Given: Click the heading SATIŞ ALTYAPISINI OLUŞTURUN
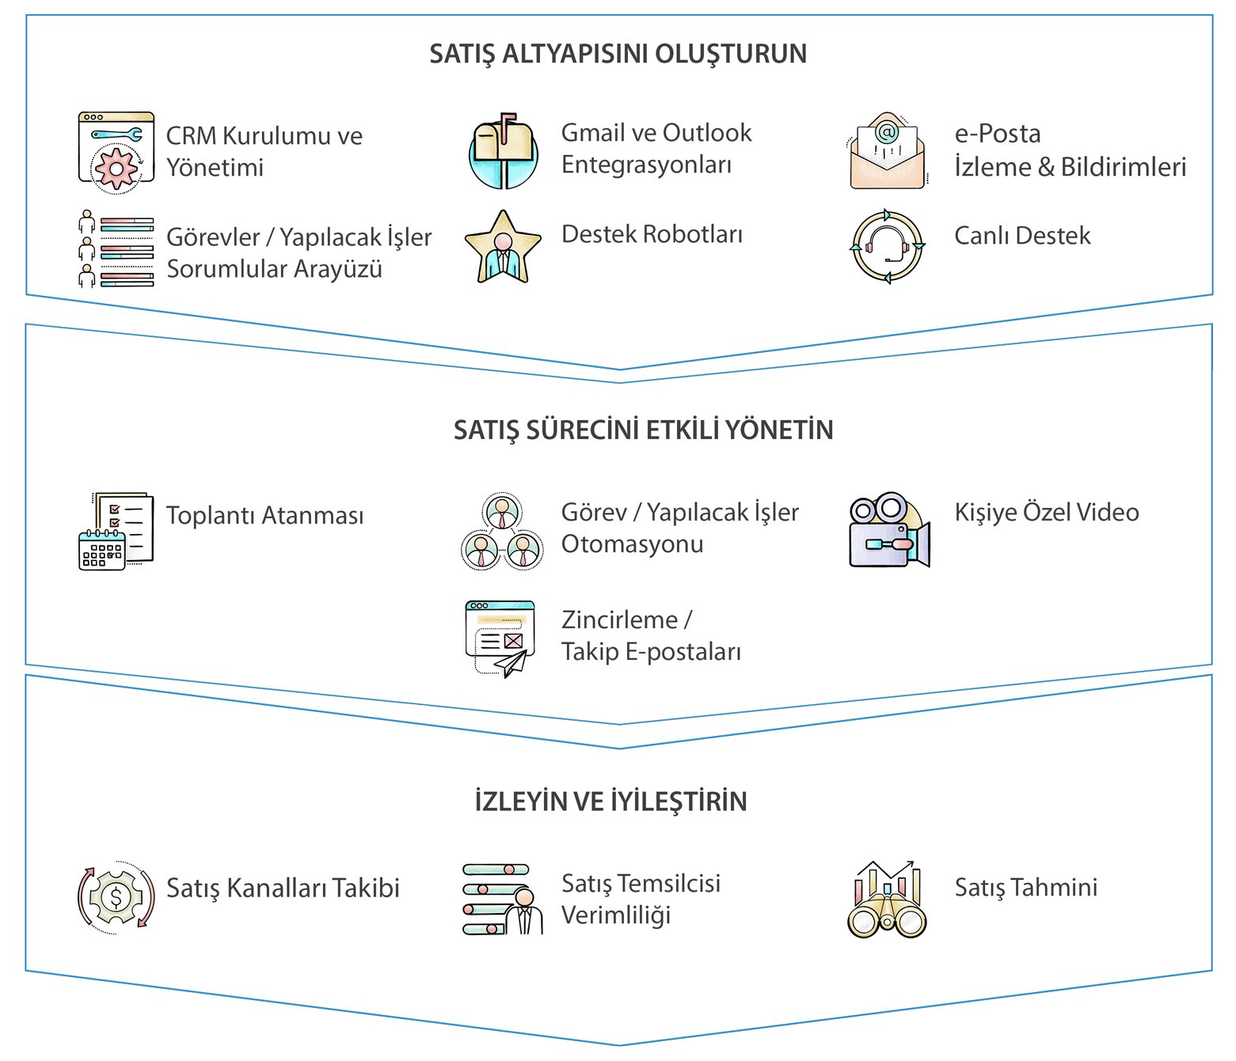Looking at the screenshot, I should (618, 54).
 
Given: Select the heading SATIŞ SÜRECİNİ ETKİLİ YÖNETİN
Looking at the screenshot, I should (643, 430).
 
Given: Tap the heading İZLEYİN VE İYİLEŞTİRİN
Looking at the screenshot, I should (610, 801).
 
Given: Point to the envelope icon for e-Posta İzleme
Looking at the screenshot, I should (887, 151).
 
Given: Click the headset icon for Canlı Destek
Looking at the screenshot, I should (887, 246).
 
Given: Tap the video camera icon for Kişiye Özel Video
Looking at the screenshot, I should (888, 530).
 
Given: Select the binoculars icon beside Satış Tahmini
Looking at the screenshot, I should (887, 900).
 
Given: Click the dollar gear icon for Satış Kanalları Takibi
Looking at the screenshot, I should (116, 897).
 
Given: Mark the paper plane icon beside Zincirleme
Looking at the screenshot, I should (500, 638).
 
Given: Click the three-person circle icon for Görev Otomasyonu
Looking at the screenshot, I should (502, 531).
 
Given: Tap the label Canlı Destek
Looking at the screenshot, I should (1022, 236).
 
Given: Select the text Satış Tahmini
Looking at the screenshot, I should (1025, 888).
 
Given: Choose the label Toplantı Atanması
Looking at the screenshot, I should (264, 516).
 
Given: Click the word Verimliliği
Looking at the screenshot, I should (616, 915).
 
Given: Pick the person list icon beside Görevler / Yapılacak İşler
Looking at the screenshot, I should (116, 248).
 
